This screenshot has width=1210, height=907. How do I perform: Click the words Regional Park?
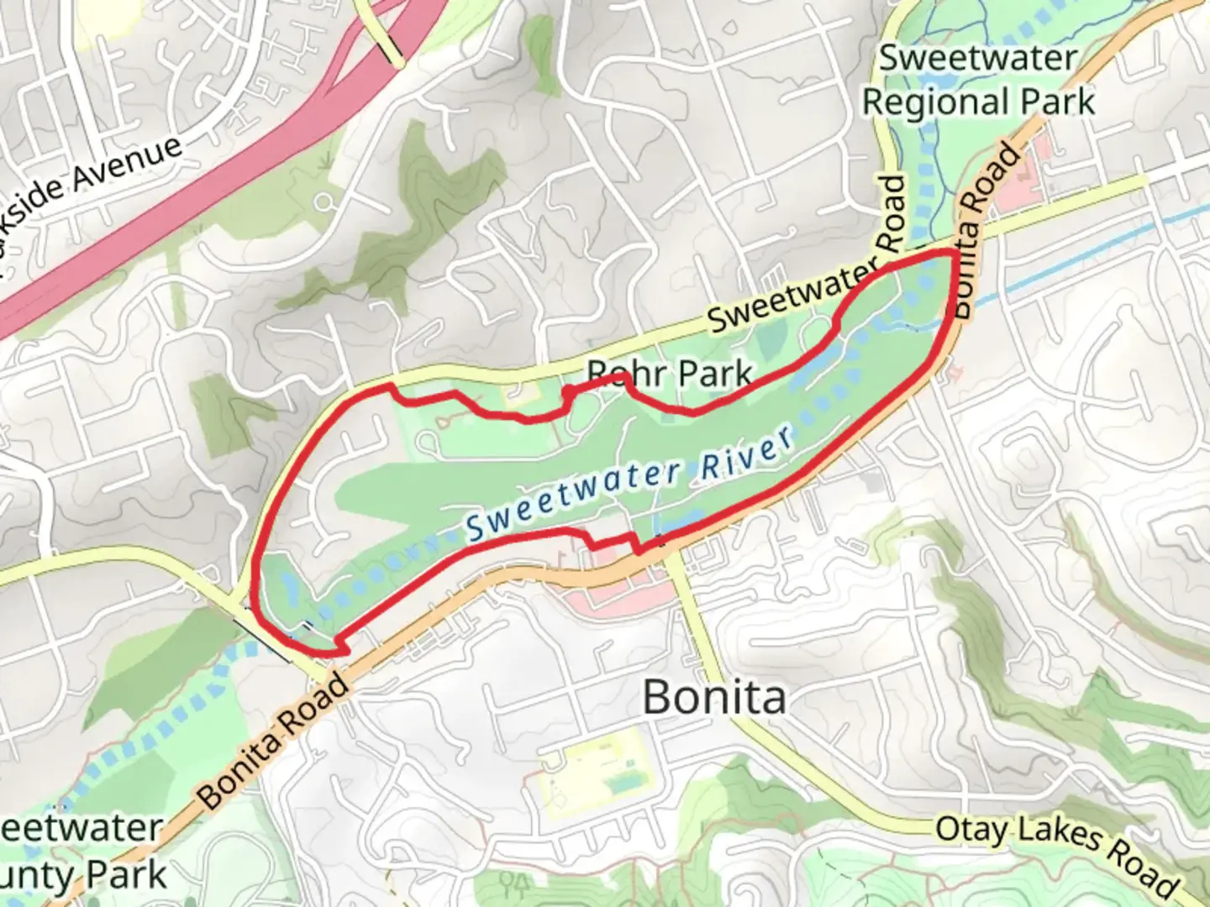pyautogui.click(x=979, y=102)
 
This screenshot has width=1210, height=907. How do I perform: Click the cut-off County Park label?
pyautogui.click(x=84, y=875)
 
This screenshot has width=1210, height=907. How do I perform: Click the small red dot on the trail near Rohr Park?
pyautogui.click(x=568, y=391)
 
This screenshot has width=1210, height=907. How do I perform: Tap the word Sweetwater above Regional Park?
pyautogui.click(x=978, y=59)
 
